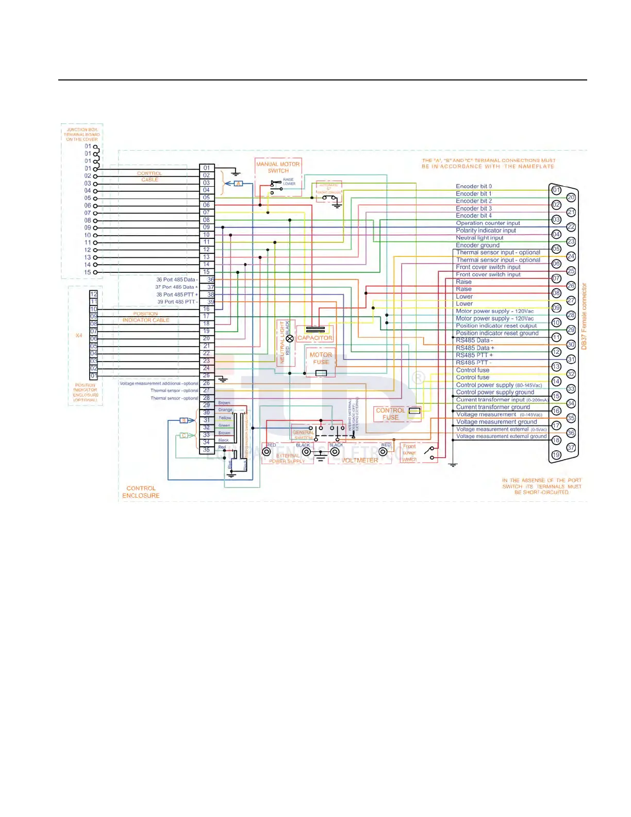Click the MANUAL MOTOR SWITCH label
click(278, 167)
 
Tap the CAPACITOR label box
click(315, 338)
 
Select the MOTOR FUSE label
click(321, 358)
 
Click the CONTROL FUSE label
click(390, 414)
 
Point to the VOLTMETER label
click(360, 460)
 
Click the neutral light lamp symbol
click(290, 338)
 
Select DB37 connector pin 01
click(556, 190)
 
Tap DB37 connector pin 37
click(571, 447)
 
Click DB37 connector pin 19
click(556, 455)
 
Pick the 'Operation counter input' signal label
click(488, 223)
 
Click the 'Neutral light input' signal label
click(479, 238)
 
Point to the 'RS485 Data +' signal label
click(475, 348)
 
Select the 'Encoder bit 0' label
click(474, 186)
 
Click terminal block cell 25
click(207, 375)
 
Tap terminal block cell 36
click(210, 280)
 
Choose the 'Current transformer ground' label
click(493, 407)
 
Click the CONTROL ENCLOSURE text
click(141, 492)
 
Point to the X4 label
click(79, 335)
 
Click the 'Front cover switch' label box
click(409, 453)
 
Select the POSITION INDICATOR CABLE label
click(146, 317)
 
